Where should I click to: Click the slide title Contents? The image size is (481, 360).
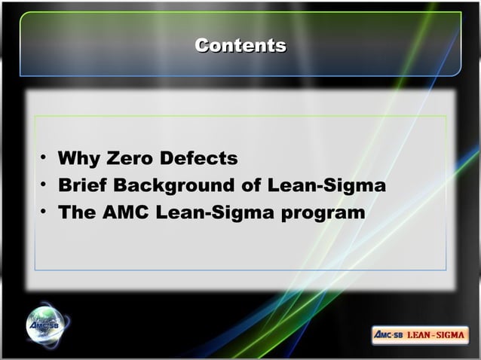[x=240, y=46]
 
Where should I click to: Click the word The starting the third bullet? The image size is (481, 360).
[x=75, y=212]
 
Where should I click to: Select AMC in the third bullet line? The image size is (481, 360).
[x=123, y=212]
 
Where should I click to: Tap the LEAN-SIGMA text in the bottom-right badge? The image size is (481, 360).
[x=437, y=334]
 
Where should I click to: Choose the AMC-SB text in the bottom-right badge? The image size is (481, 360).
[x=389, y=334]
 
